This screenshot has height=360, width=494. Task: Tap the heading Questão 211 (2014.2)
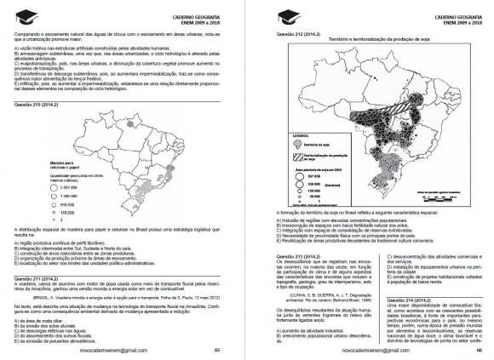click(37, 277)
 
